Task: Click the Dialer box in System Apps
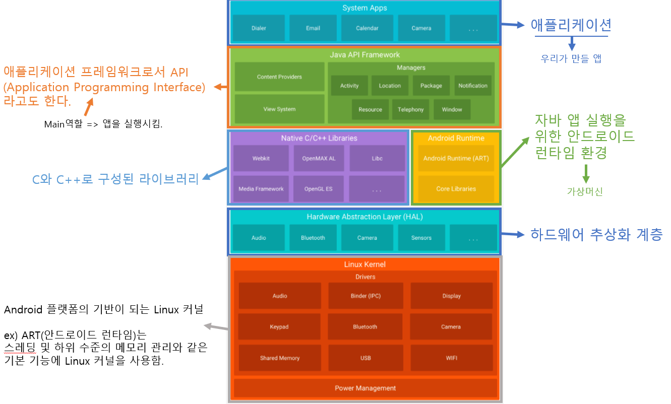click(x=259, y=28)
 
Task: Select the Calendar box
click(x=367, y=28)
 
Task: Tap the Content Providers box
click(x=279, y=77)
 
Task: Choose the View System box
click(x=279, y=109)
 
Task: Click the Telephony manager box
click(x=410, y=109)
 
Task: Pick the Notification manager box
click(x=473, y=86)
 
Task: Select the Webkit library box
click(x=261, y=158)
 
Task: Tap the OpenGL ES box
click(x=318, y=189)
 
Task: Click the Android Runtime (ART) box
click(x=456, y=158)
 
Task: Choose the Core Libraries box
click(x=456, y=189)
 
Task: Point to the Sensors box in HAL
click(x=421, y=238)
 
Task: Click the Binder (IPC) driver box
click(x=365, y=296)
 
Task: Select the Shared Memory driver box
click(x=280, y=358)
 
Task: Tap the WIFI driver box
click(x=451, y=358)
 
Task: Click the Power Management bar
click(x=365, y=388)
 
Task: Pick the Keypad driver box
click(x=279, y=327)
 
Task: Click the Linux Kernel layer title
click(x=365, y=264)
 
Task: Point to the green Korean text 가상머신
click(x=585, y=191)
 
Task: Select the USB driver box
click(x=365, y=358)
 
